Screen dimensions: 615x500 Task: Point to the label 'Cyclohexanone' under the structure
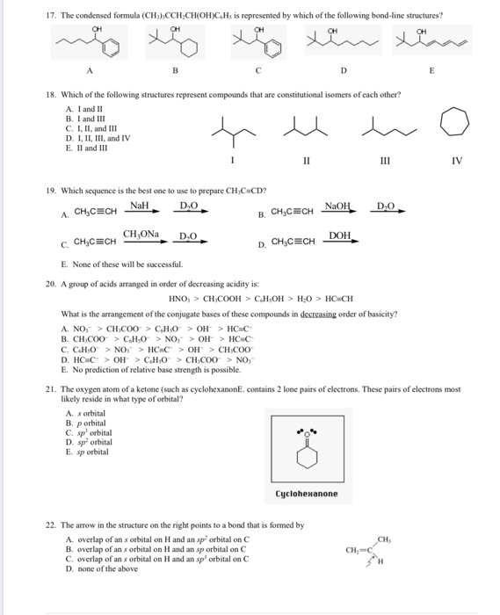click(307, 494)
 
